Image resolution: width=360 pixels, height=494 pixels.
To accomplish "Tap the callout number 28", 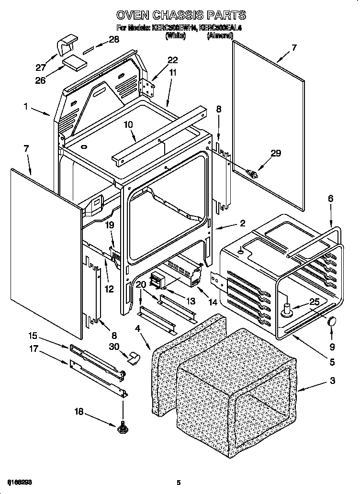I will pos(114,40).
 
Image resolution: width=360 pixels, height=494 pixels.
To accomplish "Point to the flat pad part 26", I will pos(74,61).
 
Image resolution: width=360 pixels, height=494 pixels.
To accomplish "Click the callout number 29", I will pos(276,153).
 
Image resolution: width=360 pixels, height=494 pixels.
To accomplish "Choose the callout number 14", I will pos(213,302).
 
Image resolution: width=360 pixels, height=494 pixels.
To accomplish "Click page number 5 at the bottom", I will pos(178,482).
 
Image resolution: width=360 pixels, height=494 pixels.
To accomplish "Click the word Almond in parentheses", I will pos(220,35).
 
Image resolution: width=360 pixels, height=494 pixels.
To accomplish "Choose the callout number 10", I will pos(128,125).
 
